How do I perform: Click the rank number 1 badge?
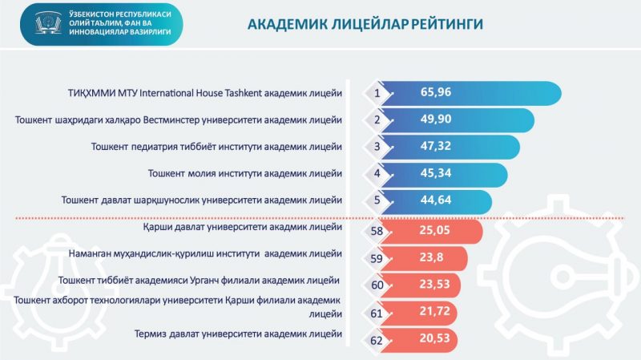(376, 93)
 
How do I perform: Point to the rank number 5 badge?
(376, 201)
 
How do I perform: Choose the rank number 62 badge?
(376, 338)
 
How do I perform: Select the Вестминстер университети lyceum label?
(179, 120)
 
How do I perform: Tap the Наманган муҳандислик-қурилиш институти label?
(224, 254)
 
